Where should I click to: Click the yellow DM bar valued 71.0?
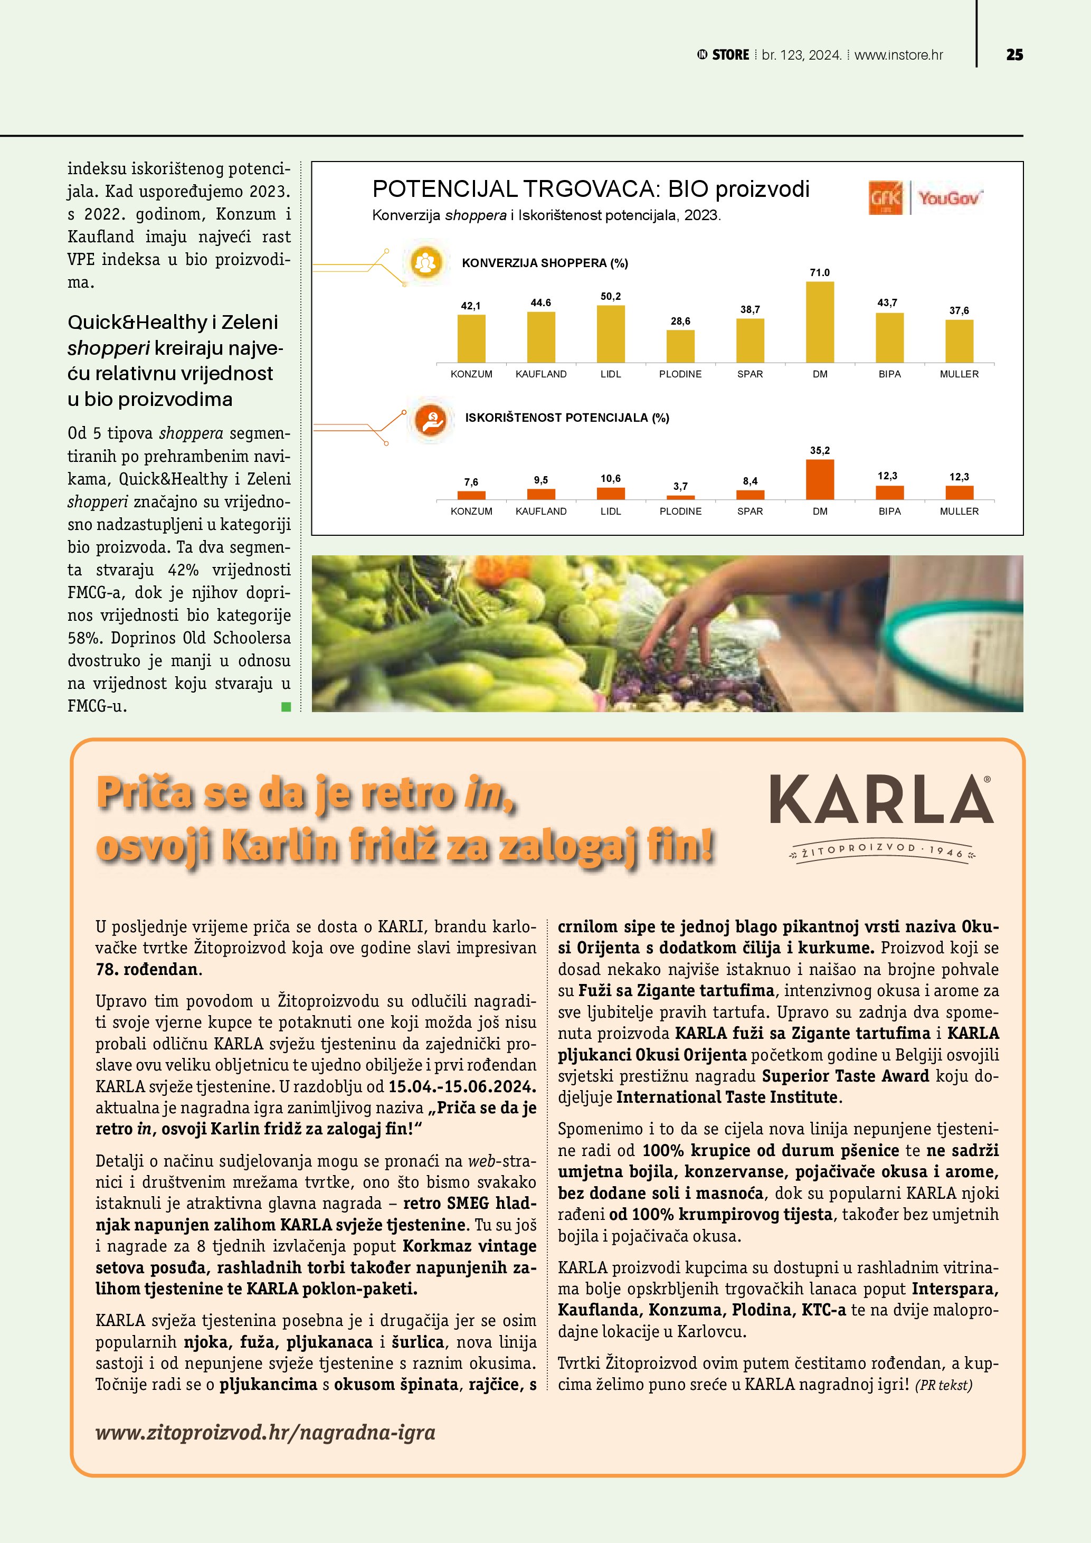click(x=820, y=322)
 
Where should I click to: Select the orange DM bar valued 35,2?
click(x=820, y=479)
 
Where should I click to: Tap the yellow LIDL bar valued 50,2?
click(x=611, y=334)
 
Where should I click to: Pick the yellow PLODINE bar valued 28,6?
click(x=680, y=346)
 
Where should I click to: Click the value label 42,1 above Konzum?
click(x=470, y=306)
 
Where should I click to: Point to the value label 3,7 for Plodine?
click(x=680, y=486)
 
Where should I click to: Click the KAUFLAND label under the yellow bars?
click(x=541, y=374)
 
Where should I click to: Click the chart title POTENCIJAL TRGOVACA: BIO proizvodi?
click(x=591, y=189)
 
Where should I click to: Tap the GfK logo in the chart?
click(x=886, y=198)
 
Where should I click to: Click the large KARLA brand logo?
click(x=881, y=800)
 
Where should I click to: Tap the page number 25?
click(x=1014, y=55)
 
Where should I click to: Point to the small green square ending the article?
click(x=286, y=706)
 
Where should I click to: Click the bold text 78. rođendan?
click(x=148, y=969)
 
